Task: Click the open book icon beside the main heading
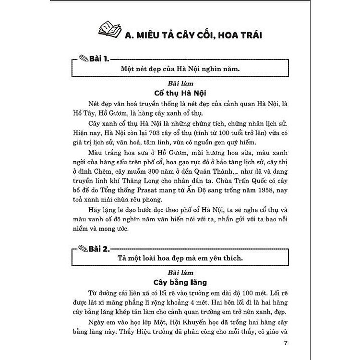point(111,30)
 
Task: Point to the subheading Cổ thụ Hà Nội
point(180,93)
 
